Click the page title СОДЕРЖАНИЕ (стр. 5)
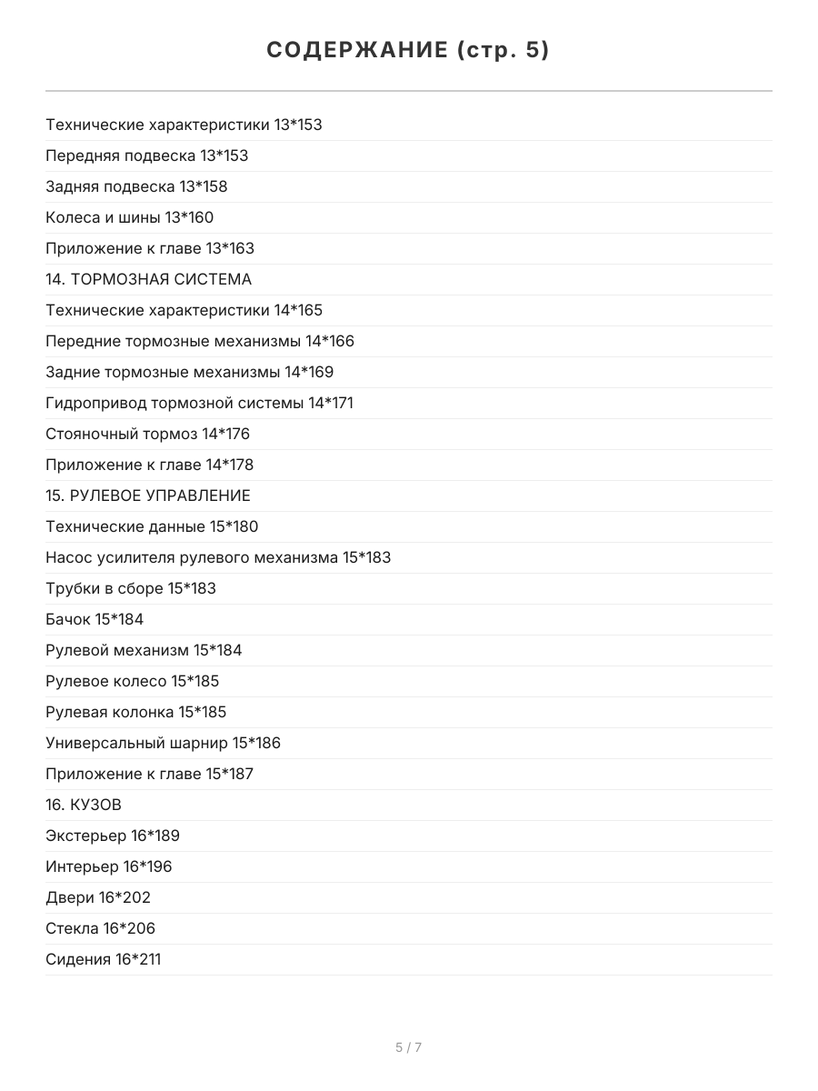click(408, 51)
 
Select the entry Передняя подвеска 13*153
click(146, 155)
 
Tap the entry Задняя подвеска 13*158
click(136, 186)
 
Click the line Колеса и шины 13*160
click(129, 217)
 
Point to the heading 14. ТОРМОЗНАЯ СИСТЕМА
click(148, 279)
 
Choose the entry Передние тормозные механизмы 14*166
click(200, 341)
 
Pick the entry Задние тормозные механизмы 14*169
click(189, 372)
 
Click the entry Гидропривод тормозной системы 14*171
click(199, 403)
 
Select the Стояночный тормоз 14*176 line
click(147, 434)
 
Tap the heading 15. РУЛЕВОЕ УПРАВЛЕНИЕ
click(148, 495)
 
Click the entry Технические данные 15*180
click(152, 526)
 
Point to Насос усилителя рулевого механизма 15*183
click(218, 557)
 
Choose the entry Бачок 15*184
click(95, 619)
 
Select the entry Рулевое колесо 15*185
click(132, 681)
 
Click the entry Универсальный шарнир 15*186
click(163, 743)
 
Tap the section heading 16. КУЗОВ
click(84, 805)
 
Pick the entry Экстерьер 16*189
click(113, 836)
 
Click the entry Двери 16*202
click(98, 897)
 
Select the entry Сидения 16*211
click(103, 959)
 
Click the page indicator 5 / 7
click(408, 1047)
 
